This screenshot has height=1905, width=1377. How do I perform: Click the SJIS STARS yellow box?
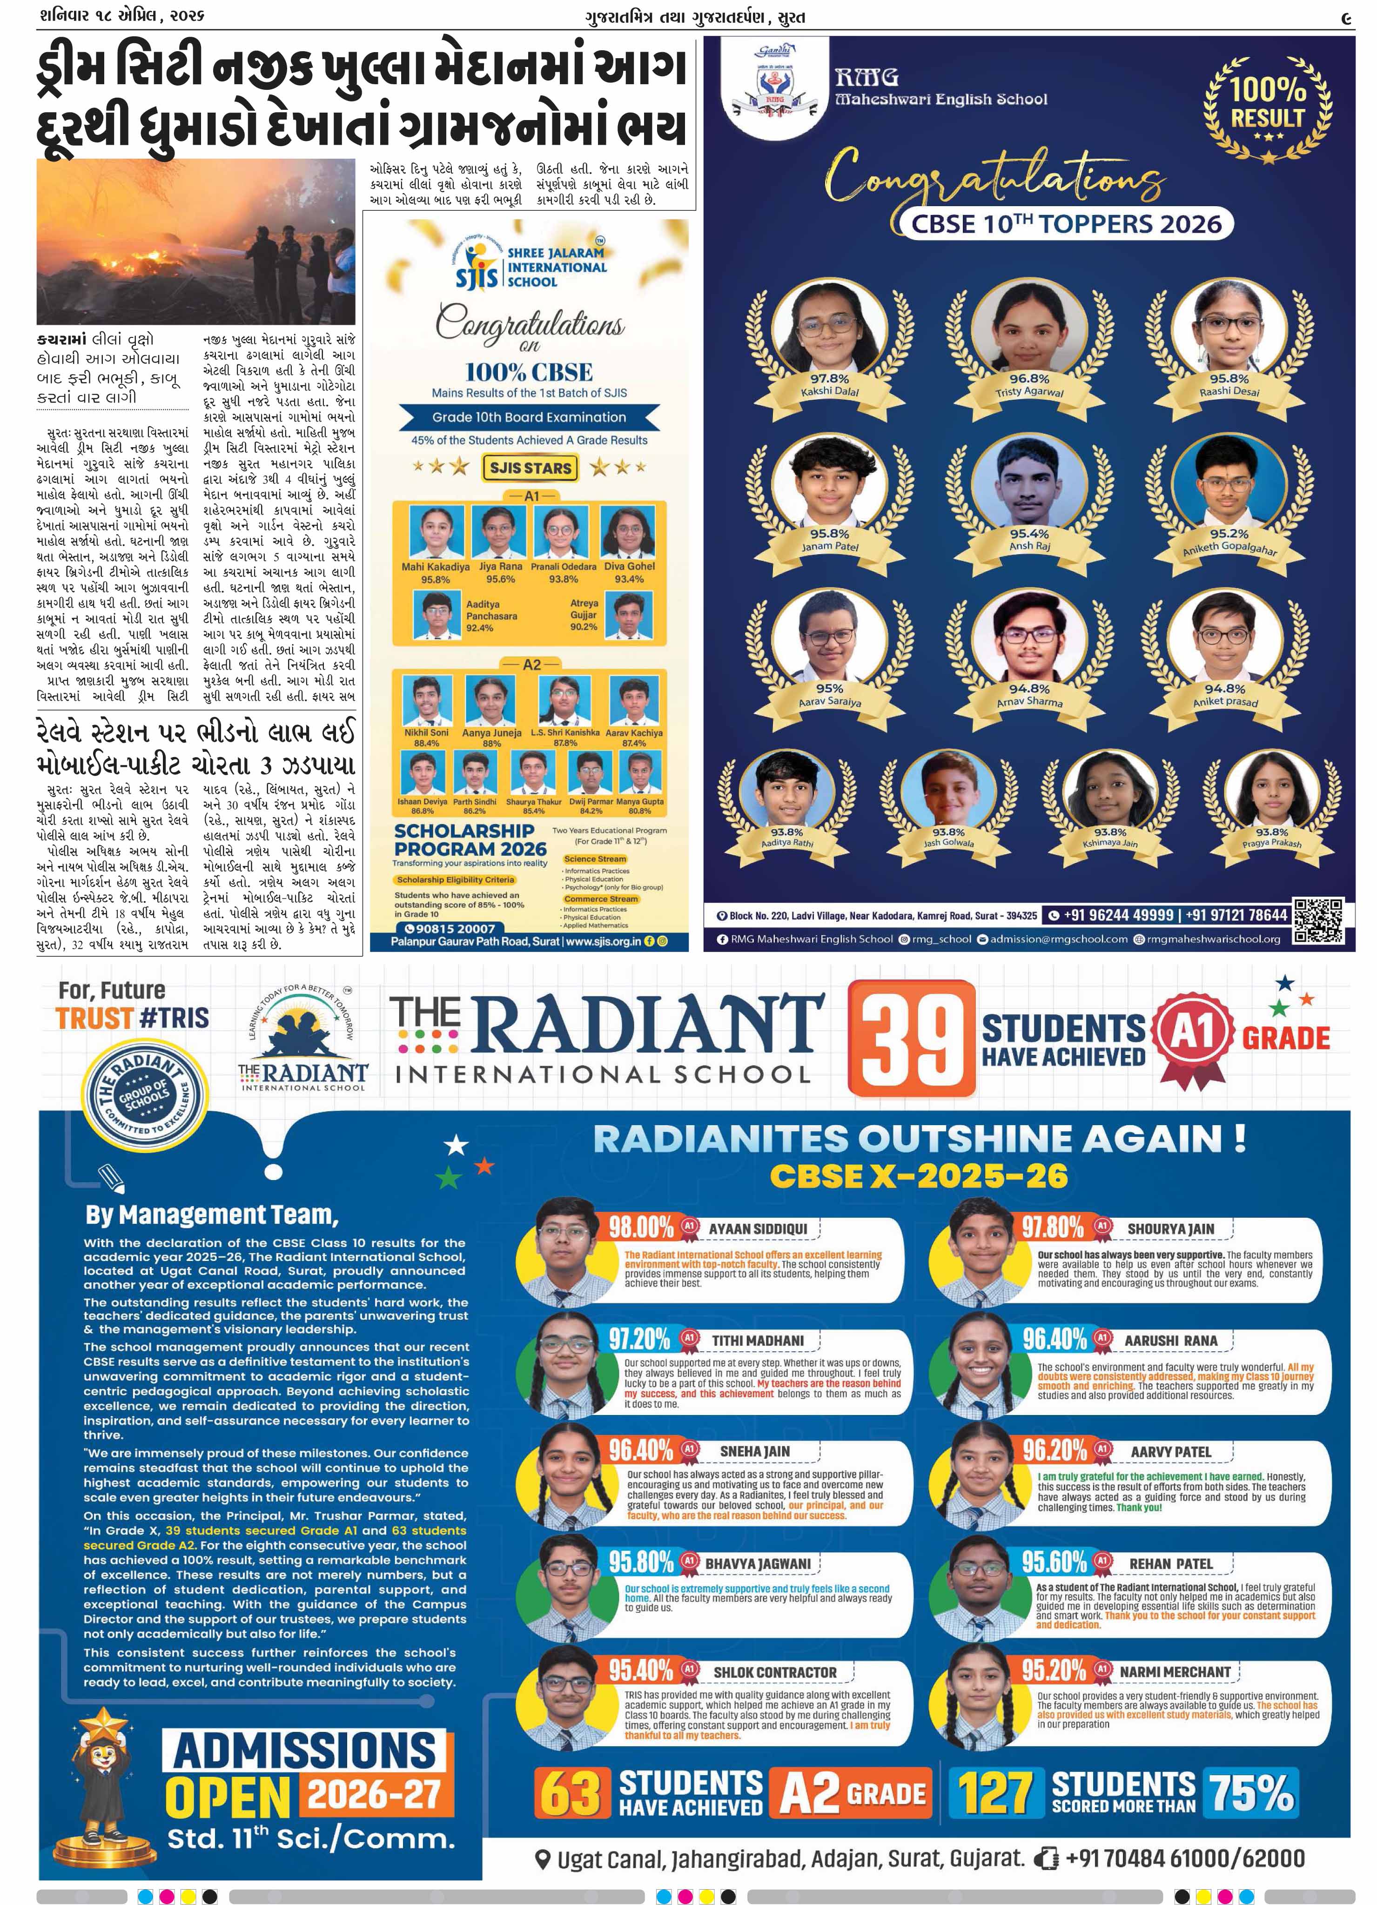[530, 467]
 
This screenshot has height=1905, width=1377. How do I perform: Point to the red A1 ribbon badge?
[1193, 1037]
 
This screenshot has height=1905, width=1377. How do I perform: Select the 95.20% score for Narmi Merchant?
[1054, 1670]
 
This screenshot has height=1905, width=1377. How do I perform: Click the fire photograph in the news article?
[196, 242]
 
